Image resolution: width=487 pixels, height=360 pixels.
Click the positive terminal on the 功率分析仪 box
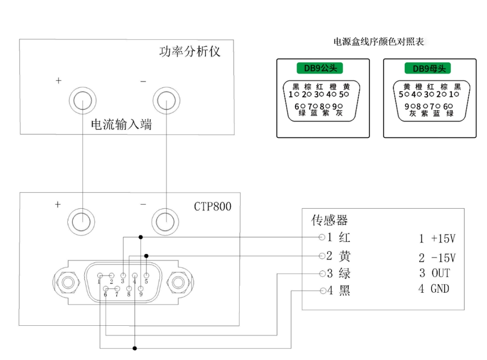(83, 99)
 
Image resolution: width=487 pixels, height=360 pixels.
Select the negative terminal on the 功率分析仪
(166, 99)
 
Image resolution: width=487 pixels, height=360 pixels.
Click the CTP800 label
(213, 206)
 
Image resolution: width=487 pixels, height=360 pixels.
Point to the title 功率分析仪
(189, 52)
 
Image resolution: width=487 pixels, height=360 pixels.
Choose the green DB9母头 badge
(429, 68)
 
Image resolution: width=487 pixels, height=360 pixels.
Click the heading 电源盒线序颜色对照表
(379, 42)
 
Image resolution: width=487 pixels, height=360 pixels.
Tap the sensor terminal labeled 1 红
(322, 238)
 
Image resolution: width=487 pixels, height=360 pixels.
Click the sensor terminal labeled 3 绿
(322, 273)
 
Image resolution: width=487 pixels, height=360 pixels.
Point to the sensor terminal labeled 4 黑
(322, 291)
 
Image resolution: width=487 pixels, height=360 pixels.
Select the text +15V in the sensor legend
(443, 239)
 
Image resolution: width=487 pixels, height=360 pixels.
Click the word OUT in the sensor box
(440, 273)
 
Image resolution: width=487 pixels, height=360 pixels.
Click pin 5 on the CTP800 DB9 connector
(146, 276)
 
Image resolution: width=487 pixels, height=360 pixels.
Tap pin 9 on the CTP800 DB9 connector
(140, 288)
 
